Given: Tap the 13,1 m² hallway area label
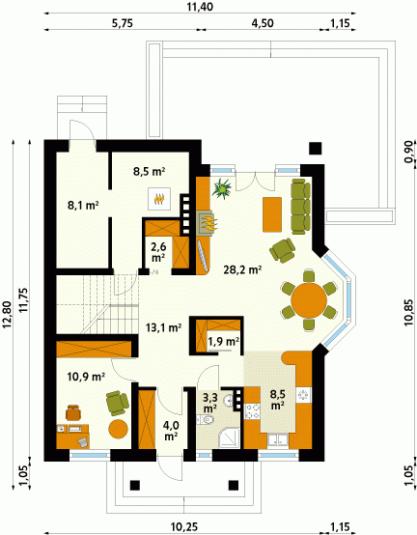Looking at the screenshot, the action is [163, 328].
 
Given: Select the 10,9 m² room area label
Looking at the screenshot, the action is [86, 377].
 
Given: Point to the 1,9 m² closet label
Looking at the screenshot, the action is [223, 341].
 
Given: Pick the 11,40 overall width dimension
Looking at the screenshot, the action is [200, 7].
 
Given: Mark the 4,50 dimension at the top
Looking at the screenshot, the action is [263, 23].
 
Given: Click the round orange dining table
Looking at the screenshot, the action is [309, 300].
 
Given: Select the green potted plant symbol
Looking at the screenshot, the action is [222, 188].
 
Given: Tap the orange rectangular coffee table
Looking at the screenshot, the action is [272, 214].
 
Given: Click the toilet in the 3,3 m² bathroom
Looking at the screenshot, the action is [206, 419].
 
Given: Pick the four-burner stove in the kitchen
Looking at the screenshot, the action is [252, 411].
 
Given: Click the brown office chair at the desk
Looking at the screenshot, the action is [73, 412].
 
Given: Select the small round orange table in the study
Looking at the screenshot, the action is [119, 429].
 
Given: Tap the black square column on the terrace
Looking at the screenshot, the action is [316, 149].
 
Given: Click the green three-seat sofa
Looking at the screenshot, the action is [300, 207].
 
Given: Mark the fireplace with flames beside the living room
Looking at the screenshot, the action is [206, 222].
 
